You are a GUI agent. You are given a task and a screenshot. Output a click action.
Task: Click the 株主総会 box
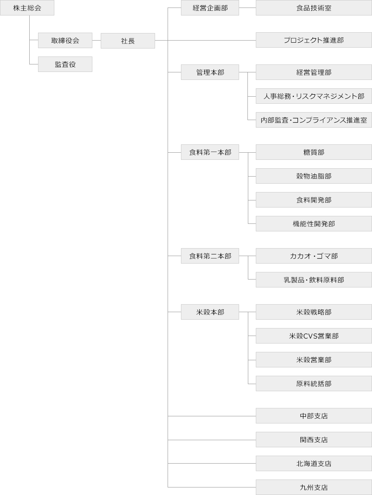click(x=27, y=8)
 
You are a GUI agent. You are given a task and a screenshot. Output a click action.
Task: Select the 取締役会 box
click(x=65, y=41)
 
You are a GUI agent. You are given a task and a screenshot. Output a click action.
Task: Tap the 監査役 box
click(x=65, y=64)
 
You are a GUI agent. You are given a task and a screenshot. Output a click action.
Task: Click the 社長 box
click(x=128, y=41)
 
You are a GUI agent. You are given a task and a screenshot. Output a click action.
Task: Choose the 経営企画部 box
click(x=210, y=8)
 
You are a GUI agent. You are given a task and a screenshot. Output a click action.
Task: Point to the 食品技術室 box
click(x=313, y=8)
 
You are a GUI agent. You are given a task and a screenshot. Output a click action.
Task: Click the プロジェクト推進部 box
click(x=313, y=41)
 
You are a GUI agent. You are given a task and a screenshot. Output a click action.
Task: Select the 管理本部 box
click(x=210, y=72)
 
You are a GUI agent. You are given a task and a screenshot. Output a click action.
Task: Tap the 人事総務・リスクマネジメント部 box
click(x=313, y=96)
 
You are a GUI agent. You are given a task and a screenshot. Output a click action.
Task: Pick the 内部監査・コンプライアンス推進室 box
click(x=313, y=120)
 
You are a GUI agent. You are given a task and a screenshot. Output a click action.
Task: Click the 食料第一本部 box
click(x=210, y=152)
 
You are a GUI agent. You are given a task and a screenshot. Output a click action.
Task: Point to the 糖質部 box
click(x=313, y=152)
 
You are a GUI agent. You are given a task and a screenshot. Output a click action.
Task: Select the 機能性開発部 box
click(x=313, y=224)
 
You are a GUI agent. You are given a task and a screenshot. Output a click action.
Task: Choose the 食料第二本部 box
click(x=210, y=256)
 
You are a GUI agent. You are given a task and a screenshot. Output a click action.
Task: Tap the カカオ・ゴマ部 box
click(x=313, y=256)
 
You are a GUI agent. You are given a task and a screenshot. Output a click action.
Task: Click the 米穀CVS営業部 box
click(x=313, y=336)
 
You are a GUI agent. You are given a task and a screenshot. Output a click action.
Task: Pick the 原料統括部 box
click(x=313, y=384)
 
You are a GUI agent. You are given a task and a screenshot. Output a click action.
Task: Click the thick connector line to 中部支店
click(x=211, y=416)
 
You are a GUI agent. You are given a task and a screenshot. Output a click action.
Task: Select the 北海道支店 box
click(x=313, y=464)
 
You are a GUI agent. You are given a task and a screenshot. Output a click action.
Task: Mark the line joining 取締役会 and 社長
click(x=97, y=41)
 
